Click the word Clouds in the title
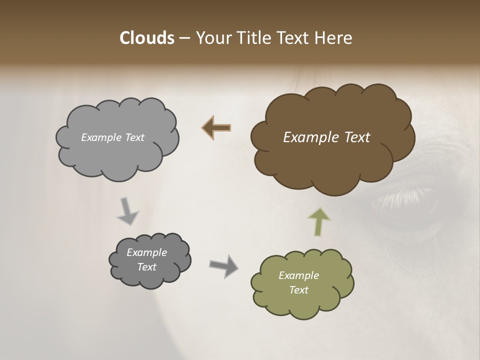146,38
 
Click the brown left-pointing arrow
216,128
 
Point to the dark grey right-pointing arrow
224,265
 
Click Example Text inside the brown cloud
326,137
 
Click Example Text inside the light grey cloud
112,137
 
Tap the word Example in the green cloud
298,275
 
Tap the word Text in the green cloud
298,290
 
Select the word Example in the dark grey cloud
146,252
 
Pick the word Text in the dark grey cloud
146,267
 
